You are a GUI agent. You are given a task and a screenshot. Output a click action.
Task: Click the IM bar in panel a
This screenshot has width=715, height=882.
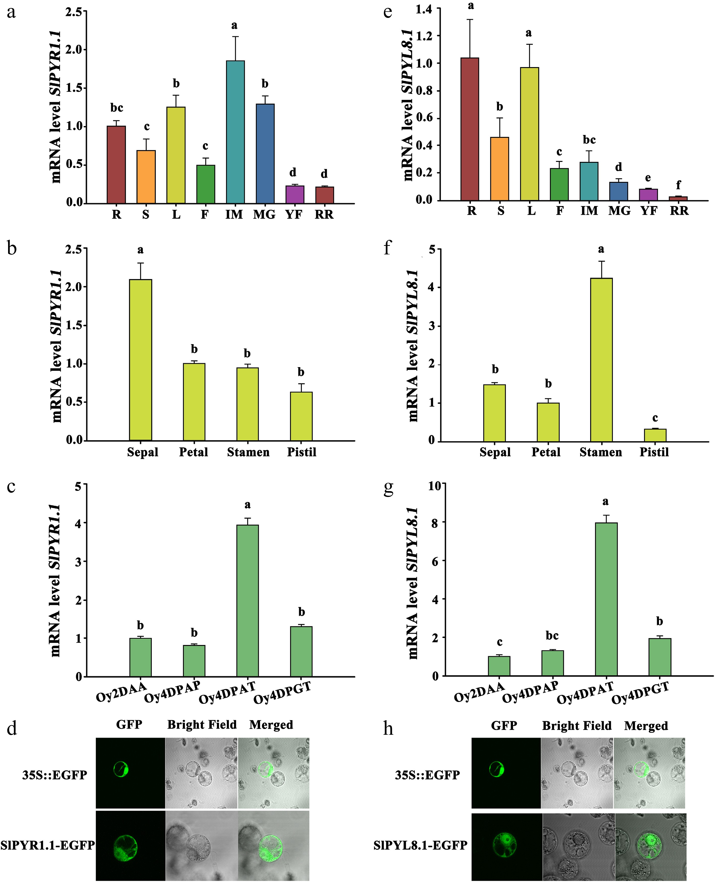(x=235, y=132)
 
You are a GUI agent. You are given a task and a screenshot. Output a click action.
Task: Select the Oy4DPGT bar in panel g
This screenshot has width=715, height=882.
(x=660, y=657)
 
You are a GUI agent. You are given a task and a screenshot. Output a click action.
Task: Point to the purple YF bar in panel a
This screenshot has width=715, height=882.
(x=295, y=194)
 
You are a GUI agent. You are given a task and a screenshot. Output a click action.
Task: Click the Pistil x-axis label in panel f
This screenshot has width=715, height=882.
(x=654, y=452)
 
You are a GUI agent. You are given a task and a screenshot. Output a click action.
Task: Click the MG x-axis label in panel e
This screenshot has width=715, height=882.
(x=619, y=211)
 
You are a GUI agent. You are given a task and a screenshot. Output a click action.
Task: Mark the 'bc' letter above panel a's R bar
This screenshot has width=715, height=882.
(x=117, y=108)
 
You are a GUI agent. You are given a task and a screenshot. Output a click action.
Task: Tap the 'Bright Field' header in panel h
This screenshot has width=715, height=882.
(x=577, y=725)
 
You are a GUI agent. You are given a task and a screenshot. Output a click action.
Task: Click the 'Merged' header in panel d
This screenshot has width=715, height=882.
(x=271, y=725)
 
